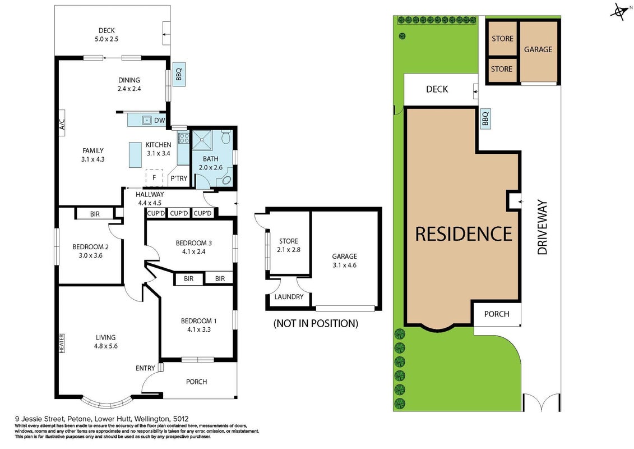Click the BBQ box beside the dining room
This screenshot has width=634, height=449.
(179, 74)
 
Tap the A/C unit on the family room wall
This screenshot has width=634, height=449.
(62, 123)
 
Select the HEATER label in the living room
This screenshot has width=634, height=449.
(62, 343)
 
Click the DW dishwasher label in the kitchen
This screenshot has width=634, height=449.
(159, 120)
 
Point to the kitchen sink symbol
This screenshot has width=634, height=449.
(146, 120)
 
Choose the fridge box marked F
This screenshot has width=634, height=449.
(154, 178)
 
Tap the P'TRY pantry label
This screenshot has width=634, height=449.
(179, 178)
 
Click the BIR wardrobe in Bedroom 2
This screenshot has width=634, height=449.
(95, 214)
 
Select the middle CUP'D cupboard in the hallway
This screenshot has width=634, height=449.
(179, 213)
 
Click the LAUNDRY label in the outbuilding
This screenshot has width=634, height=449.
(289, 297)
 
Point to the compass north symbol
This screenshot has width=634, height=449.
(619, 12)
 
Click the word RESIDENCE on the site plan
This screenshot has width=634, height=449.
(464, 234)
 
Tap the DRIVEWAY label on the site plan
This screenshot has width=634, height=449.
(542, 227)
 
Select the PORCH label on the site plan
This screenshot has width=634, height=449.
(497, 314)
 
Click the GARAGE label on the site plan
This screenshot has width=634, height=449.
(538, 49)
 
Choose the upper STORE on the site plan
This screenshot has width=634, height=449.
(502, 39)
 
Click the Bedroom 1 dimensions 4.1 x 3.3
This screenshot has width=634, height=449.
(199, 329)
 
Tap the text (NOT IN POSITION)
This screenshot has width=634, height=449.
(316, 323)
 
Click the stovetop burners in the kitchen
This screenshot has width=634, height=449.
(183, 138)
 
